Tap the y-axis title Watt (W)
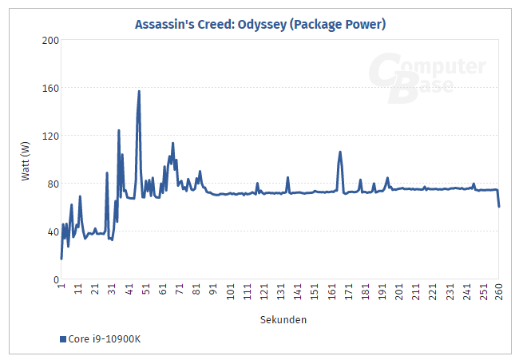[26, 160]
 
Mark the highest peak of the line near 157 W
[139, 91]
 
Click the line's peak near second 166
[340, 152]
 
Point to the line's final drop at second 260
[499, 207]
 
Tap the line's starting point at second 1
[61, 259]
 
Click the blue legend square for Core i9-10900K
[63, 339]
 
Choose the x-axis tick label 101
[230, 292]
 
